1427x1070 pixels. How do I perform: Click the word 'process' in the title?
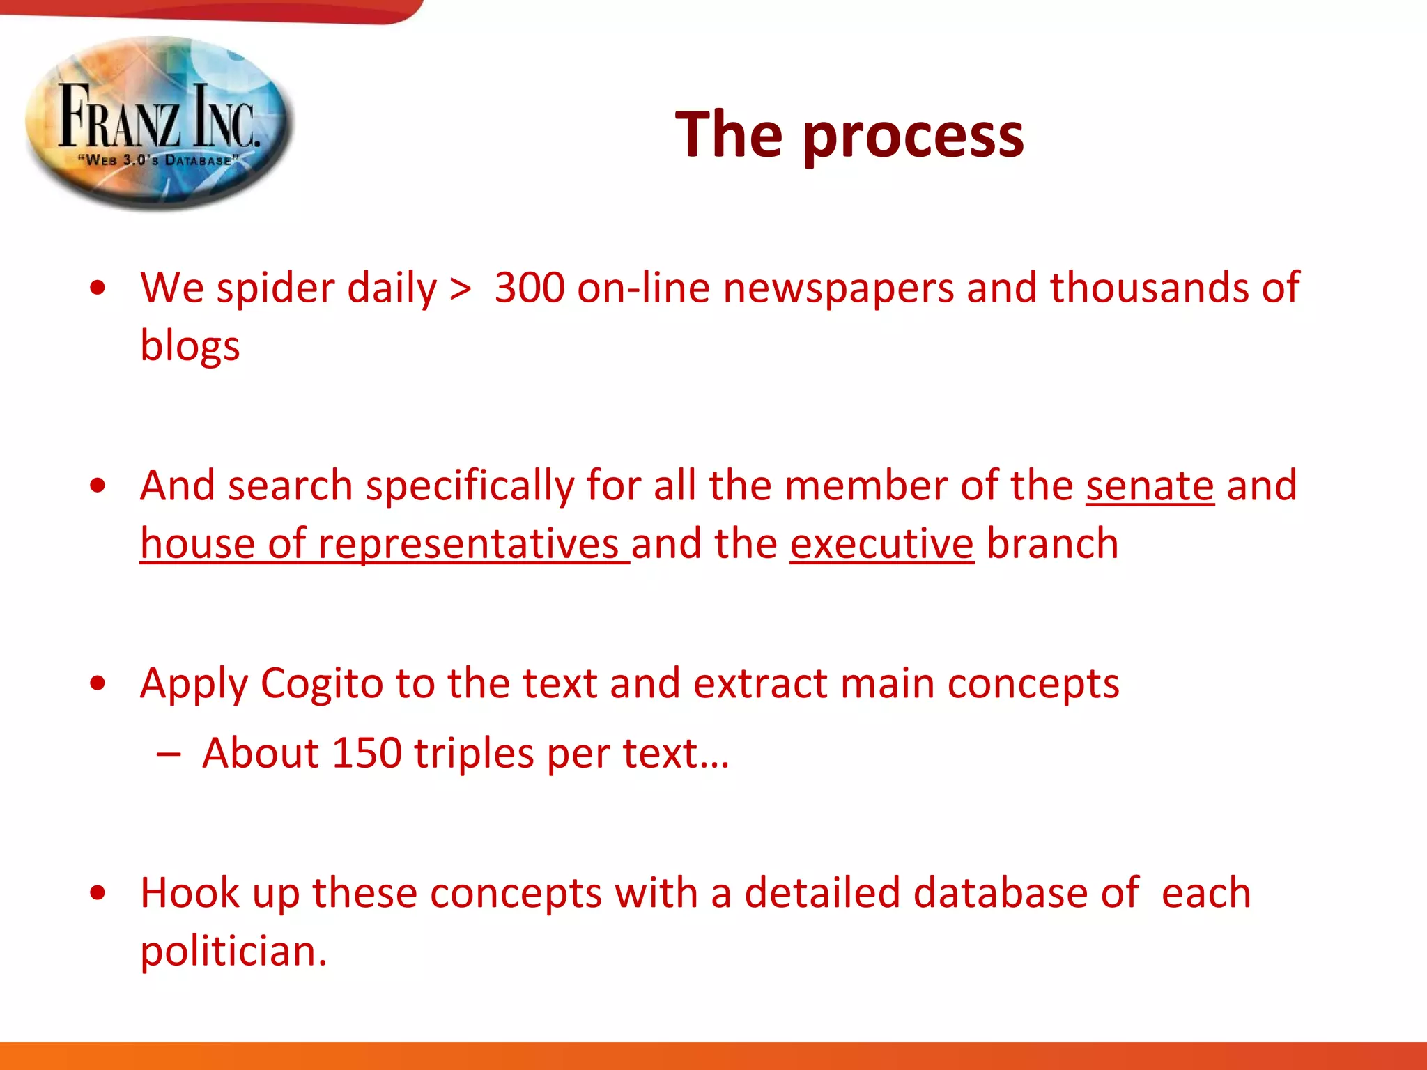pyautogui.click(x=913, y=136)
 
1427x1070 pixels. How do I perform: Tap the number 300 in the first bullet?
pyautogui.click(x=530, y=287)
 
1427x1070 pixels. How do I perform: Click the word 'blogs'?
pyautogui.click(x=190, y=346)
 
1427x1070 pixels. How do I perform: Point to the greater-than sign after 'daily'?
pyautogui.click(x=460, y=288)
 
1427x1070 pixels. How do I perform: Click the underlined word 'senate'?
pyautogui.click(x=1150, y=486)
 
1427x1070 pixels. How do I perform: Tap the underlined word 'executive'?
pyautogui.click(x=881, y=543)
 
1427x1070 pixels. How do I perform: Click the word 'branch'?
pyautogui.click(x=1052, y=543)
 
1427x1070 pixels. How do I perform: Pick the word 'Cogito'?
pyautogui.click(x=321, y=683)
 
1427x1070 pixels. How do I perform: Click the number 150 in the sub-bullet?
pyautogui.click(x=367, y=753)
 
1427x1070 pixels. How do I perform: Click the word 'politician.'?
pyautogui.click(x=233, y=952)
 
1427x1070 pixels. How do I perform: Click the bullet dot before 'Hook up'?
pyautogui.click(x=98, y=893)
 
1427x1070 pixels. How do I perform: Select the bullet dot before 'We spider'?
pyautogui.click(x=98, y=288)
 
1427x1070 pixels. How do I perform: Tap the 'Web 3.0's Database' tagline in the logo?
pyautogui.click(x=158, y=160)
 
